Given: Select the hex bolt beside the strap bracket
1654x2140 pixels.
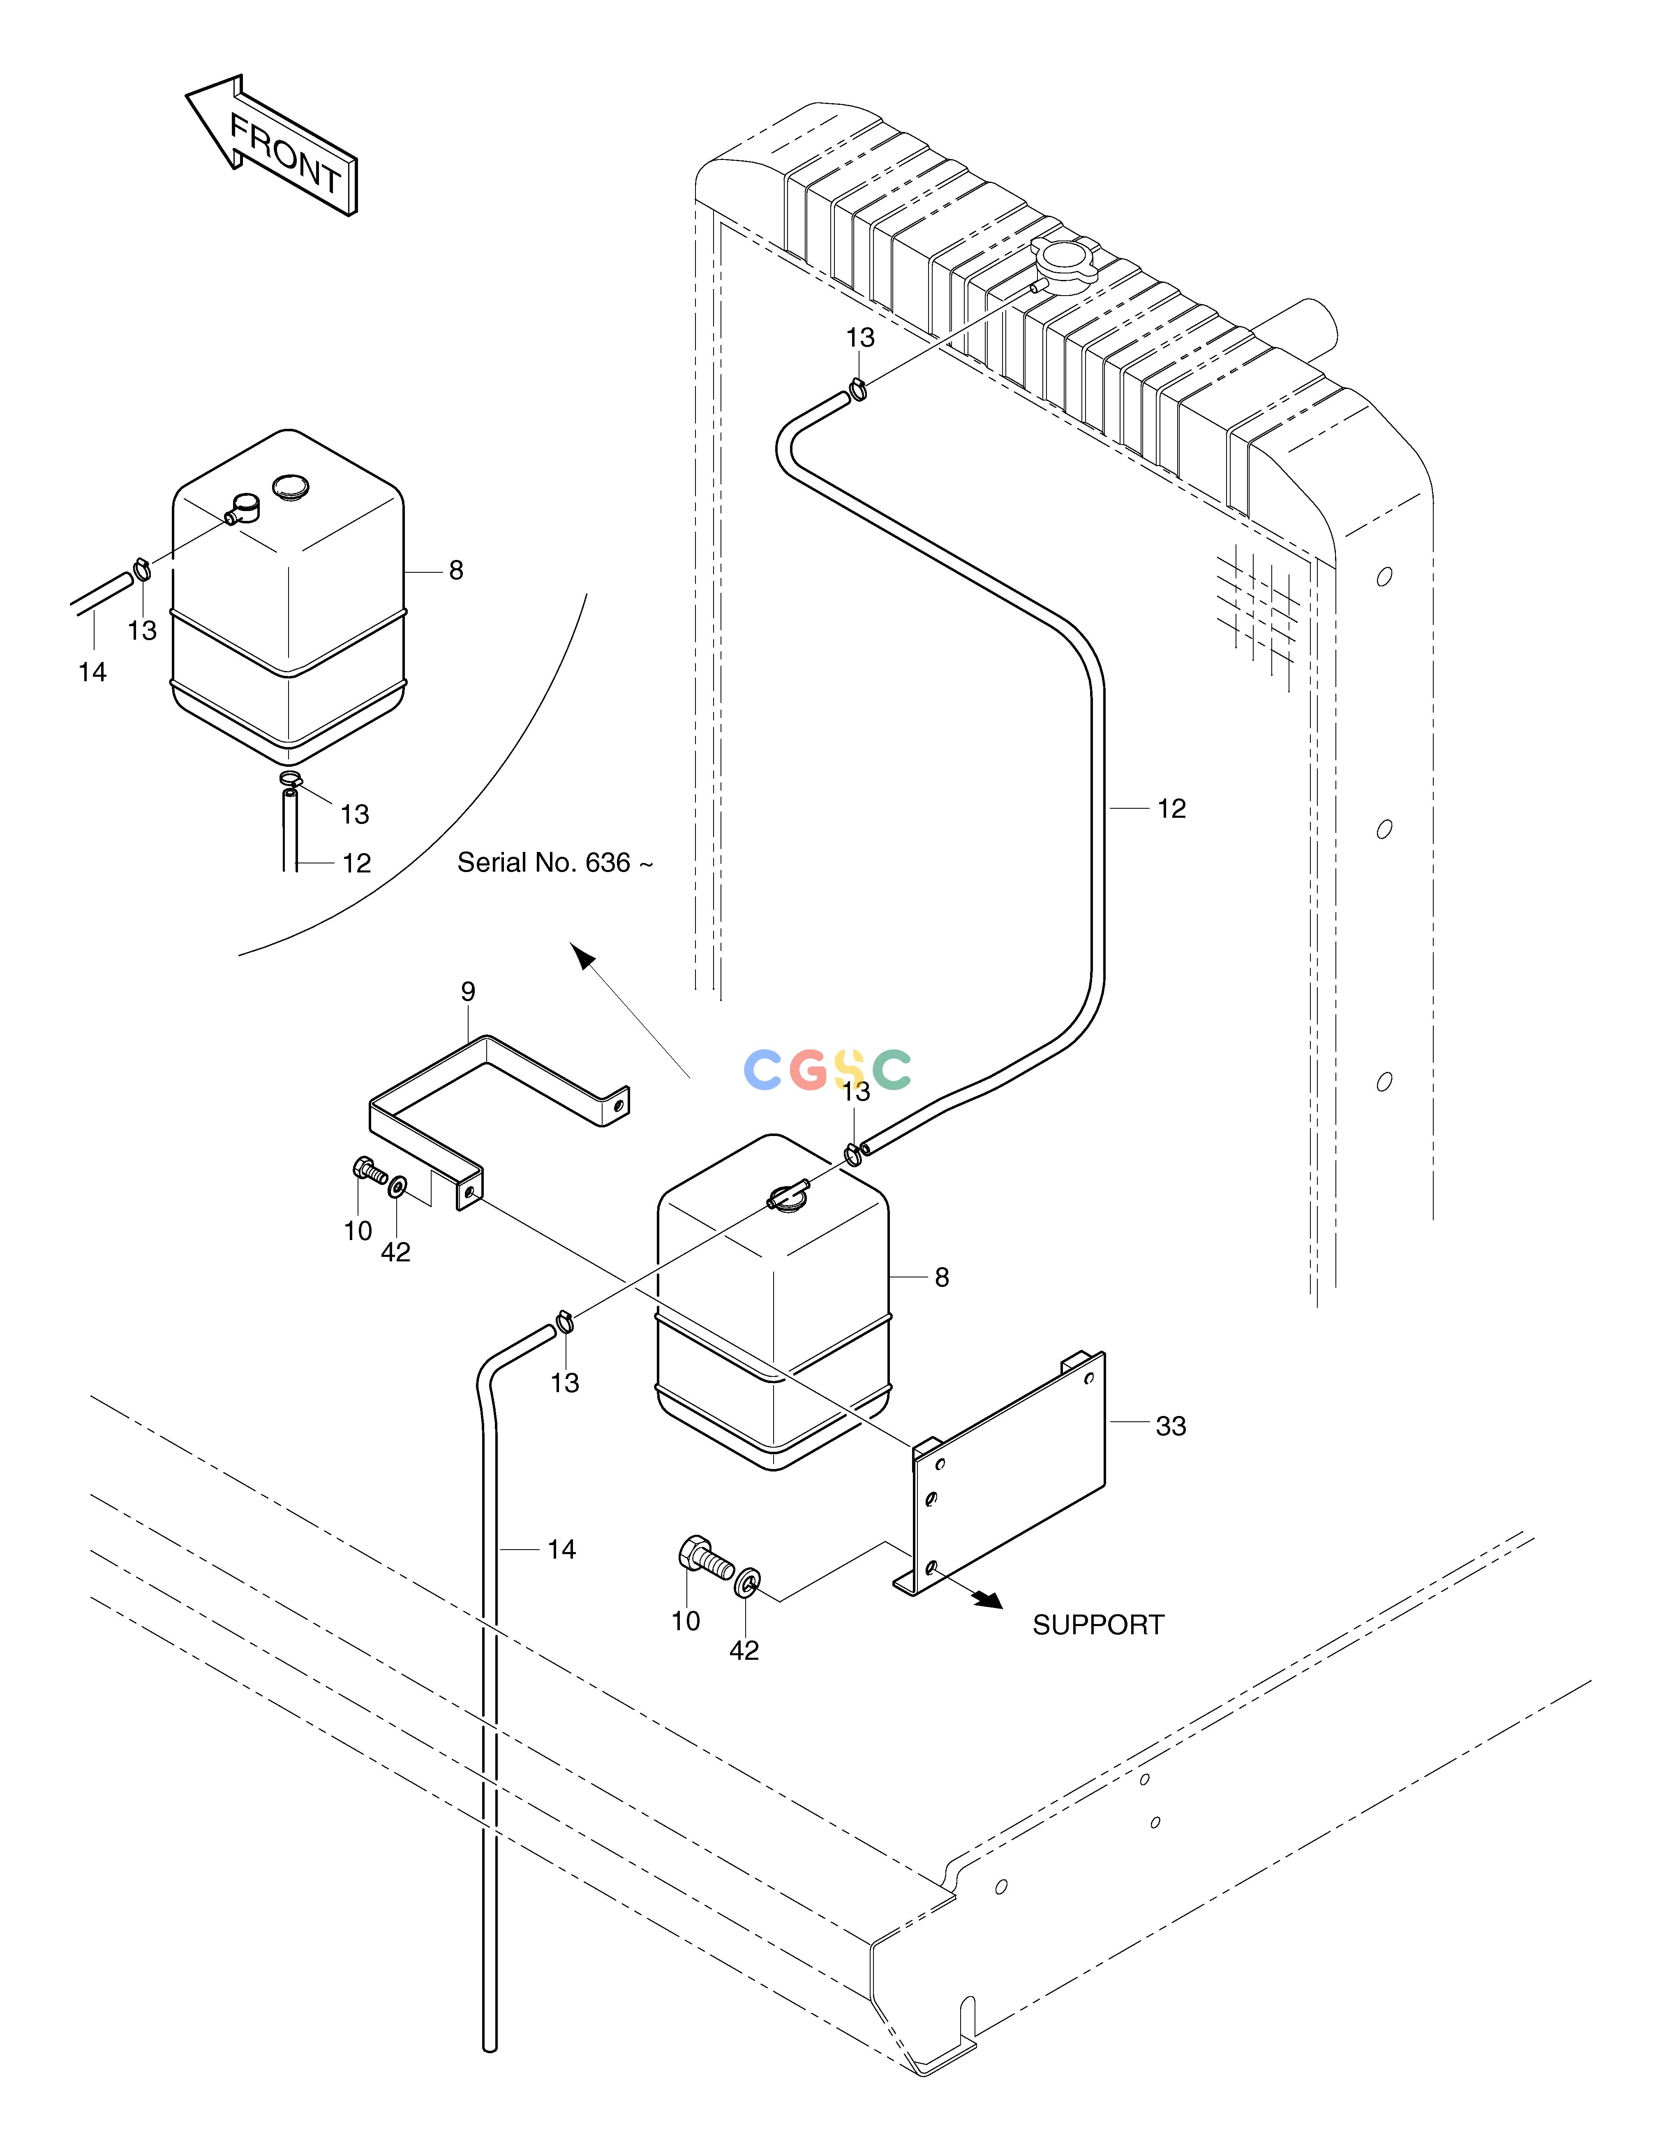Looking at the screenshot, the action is coord(370,1172).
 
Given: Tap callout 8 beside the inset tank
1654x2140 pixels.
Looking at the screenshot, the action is coord(456,570).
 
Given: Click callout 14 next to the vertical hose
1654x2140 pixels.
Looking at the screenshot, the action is coord(561,1549).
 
